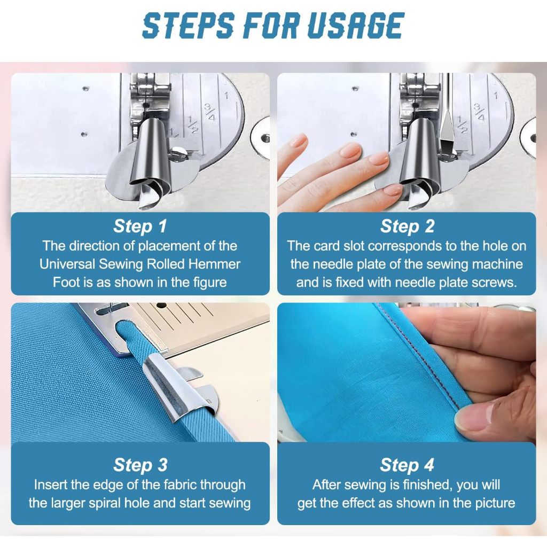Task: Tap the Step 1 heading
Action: point(140,226)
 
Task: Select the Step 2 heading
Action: point(407,226)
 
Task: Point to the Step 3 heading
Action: point(140,465)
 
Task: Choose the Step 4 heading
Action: point(407,465)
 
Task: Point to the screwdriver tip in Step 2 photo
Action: point(447,148)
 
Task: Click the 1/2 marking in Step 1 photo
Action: point(192,125)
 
